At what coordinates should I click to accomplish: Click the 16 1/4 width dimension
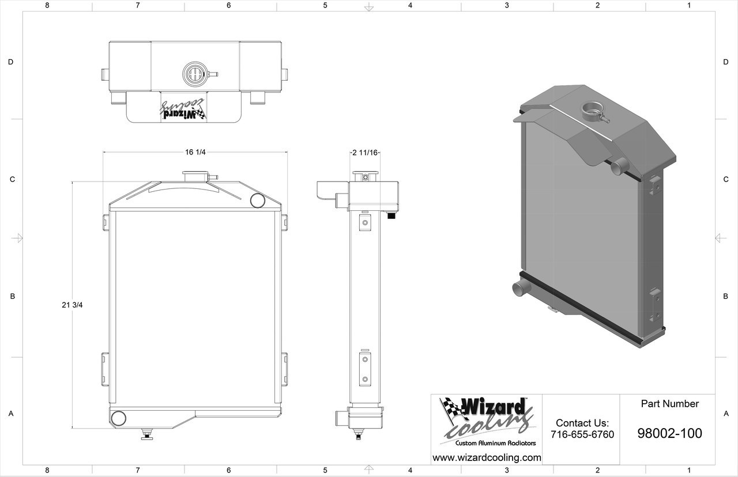pos(195,152)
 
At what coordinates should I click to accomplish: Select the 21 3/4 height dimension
pos(72,305)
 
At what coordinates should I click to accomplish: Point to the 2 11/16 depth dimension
pos(365,153)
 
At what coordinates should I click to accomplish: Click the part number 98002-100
pos(669,433)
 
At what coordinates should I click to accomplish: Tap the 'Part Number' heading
pos(669,404)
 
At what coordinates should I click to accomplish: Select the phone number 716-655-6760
pos(582,434)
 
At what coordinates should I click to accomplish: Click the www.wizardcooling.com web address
pos(487,458)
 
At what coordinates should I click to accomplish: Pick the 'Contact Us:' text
pos(582,423)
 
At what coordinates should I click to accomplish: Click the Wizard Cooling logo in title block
pos(486,416)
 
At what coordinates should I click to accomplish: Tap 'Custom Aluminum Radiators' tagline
pos(495,443)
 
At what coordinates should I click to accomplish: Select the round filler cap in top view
pos(194,74)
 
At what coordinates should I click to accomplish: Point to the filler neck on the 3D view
pos(593,109)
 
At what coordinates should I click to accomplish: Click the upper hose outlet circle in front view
pos(258,200)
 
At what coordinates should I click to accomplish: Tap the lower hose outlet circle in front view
pos(119,418)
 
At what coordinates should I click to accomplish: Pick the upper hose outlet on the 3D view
pos(618,167)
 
